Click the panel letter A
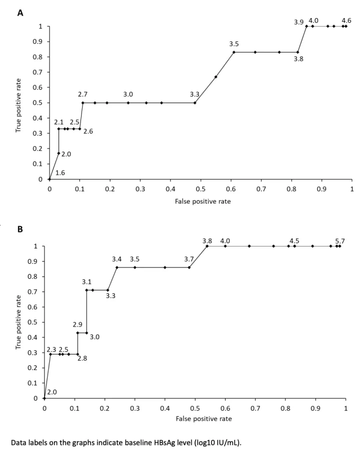(20, 13)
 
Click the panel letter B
(20, 229)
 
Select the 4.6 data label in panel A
(346, 20)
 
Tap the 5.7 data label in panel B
(340, 241)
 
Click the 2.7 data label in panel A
(82, 94)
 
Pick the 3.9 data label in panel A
(298, 22)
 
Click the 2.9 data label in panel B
(77, 325)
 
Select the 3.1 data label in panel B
(86, 282)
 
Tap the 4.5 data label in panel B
(294, 241)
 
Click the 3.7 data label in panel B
(188, 259)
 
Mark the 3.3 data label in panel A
(194, 94)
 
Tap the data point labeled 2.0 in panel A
(58, 153)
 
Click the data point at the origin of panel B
(44, 398)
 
